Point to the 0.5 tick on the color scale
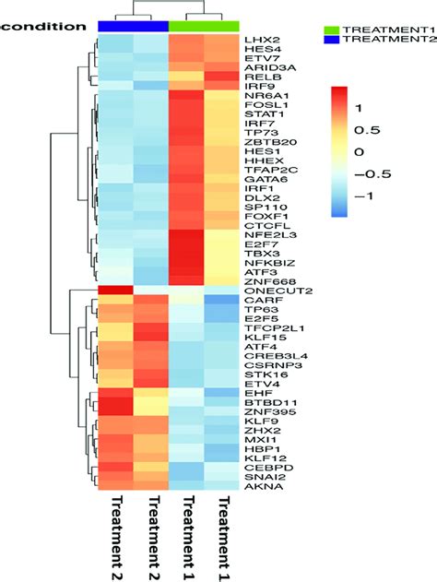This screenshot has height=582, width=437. click(x=370, y=129)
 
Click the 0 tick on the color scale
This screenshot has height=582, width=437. click(x=362, y=151)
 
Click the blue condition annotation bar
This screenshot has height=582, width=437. click(x=133, y=26)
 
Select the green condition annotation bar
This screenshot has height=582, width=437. click(x=204, y=26)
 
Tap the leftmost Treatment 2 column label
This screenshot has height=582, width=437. click(x=115, y=535)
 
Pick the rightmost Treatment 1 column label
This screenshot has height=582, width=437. click(x=222, y=535)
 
